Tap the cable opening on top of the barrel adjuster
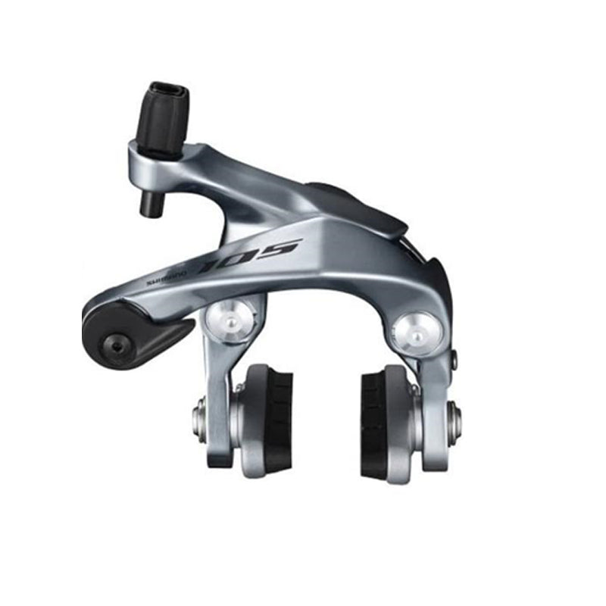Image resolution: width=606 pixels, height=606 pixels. (x=169, y=89)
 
